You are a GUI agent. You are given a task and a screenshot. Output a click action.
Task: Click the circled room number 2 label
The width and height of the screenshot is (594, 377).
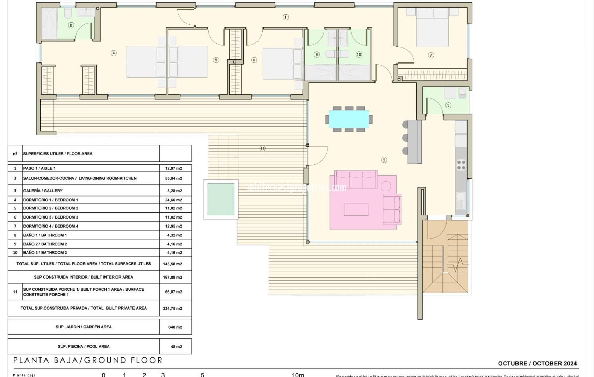(384, 160)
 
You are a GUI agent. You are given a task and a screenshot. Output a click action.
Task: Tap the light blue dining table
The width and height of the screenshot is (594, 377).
(349, 119)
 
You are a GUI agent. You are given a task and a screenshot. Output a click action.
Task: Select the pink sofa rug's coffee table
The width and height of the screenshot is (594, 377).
(356, 209)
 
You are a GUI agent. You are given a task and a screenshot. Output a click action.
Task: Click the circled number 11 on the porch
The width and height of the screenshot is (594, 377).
(262, 148)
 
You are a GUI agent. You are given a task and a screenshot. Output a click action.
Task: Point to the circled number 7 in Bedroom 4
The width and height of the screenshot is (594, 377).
(431, 55)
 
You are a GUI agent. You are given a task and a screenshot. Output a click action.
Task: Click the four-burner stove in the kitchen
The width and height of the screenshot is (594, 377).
(461, 165)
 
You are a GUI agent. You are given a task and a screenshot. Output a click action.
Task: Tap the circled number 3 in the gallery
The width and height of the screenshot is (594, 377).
(448, 105)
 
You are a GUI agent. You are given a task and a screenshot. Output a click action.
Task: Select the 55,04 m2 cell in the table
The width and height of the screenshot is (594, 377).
(174, 178)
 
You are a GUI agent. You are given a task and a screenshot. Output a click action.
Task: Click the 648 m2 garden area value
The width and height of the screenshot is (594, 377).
(175, 327)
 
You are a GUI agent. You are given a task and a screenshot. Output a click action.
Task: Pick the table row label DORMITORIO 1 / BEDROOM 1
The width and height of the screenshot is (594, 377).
(51, 200)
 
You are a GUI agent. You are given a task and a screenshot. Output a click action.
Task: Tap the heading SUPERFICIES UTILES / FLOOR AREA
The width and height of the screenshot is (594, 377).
(58, 154)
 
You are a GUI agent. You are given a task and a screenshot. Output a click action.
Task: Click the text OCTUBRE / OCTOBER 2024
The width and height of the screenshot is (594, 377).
(537, 363)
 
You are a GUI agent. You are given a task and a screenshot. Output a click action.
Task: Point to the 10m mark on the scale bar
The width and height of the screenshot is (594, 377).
(298, 375)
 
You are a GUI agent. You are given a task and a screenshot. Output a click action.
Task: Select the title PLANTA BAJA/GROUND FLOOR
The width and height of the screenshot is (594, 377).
(88, 360)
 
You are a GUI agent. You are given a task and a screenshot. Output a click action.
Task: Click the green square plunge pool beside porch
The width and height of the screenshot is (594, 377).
(221, 199)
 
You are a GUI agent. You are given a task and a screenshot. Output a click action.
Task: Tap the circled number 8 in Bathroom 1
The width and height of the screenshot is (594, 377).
(71, 25)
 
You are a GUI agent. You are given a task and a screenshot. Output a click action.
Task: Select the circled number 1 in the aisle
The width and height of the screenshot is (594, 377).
(285, 17)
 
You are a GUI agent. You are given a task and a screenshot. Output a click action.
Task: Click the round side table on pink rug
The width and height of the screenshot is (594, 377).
(386, 186)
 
